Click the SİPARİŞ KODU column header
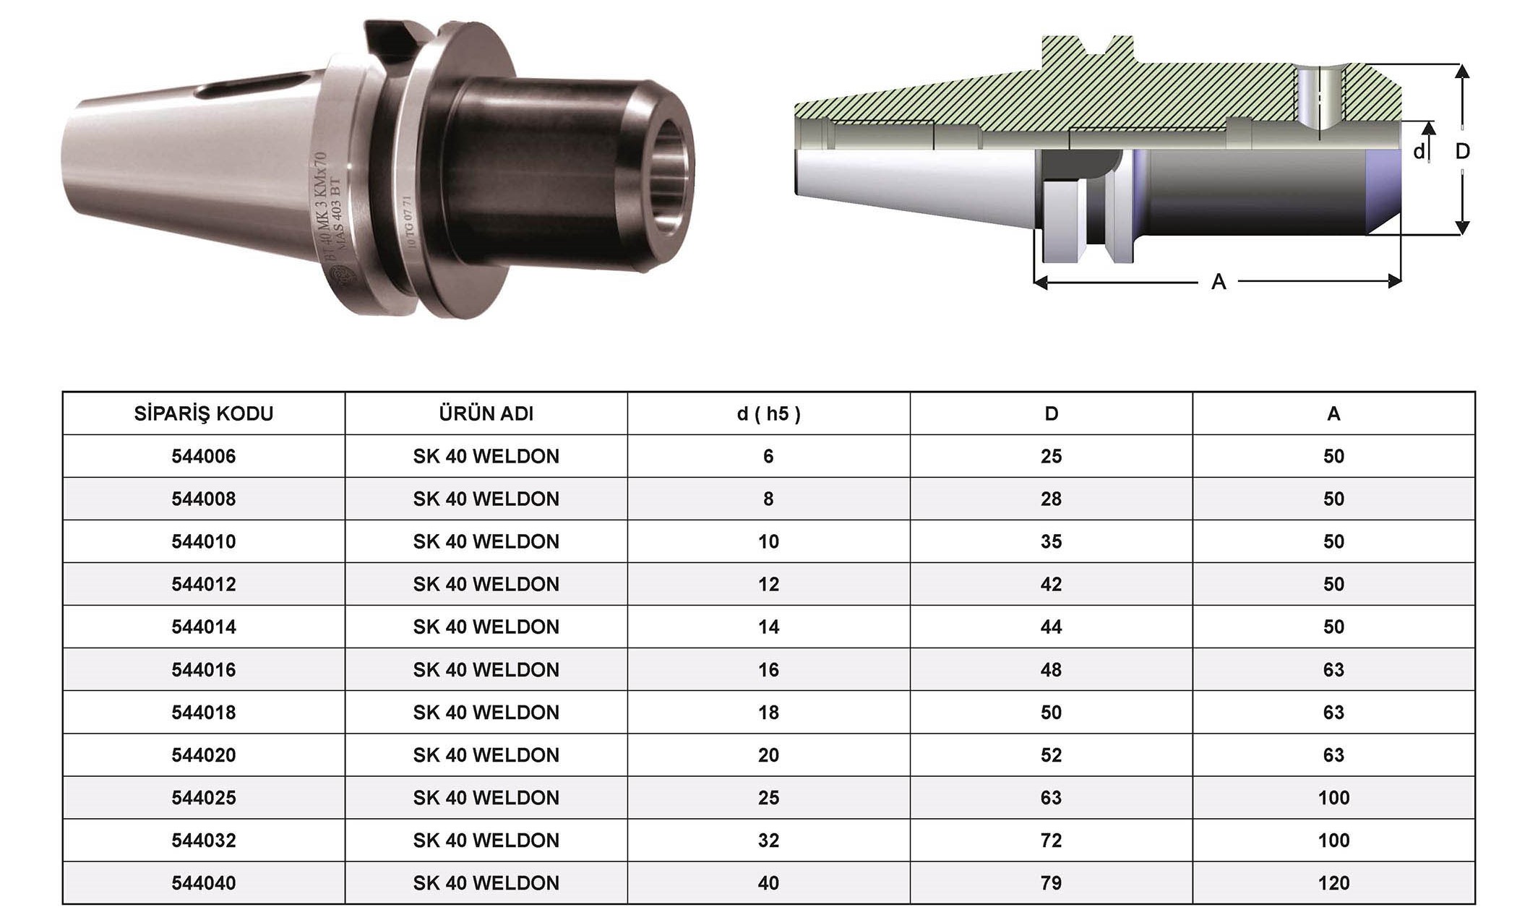pyautogui.click(x=204, y=413)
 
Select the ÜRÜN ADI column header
pyautogui.click(x=486, y=413)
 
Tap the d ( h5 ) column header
pyautogui.click(x=768, y=413)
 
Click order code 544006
pyautogui.click(x=204, y=456)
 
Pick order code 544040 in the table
pyautogui.click(x=204, y=882)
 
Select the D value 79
pyautogui.click(x=1051, y=882)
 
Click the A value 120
pyautogui.click(x=1333, y=882)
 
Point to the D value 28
pyautogui.click(x=1051, y=499)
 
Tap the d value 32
pyautogui.click(x=768, y=840)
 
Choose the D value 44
pyautogui.click(x=1051, y=627)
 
